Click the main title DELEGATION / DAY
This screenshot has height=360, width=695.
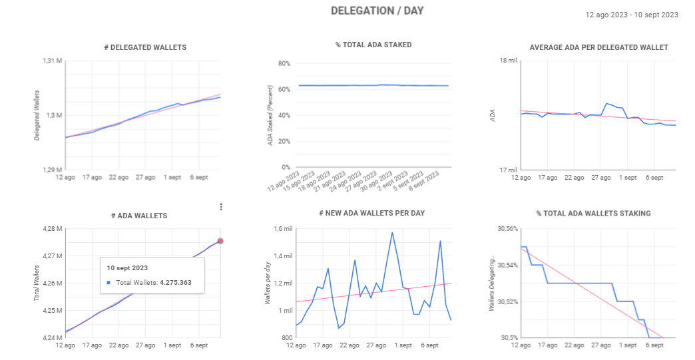(377, 11)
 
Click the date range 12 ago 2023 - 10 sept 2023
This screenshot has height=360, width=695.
(632, 15)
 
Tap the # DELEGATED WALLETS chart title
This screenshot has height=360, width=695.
(145, 47)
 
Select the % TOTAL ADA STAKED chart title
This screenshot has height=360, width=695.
(373, 45)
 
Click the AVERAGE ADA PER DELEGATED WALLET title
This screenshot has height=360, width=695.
(598, 47)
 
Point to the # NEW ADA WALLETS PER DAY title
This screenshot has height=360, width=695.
(371, 213)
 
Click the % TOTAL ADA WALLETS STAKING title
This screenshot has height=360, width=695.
(593, 213)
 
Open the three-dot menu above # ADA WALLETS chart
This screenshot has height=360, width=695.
(221, 207)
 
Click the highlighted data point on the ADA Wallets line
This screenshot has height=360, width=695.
(220, 241)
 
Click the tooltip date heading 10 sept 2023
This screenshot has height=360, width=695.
(128, 268)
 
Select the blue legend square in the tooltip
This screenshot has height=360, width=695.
(109, 283)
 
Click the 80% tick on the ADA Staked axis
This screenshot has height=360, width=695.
(284, 64)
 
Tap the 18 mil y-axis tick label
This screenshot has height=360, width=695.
(507, 61)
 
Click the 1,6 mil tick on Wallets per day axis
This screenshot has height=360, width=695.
(283, 229)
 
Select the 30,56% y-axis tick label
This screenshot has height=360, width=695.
(507, 229)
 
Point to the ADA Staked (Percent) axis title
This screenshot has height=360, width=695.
(270, 116)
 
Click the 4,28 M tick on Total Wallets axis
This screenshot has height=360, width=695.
(52, 229)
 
